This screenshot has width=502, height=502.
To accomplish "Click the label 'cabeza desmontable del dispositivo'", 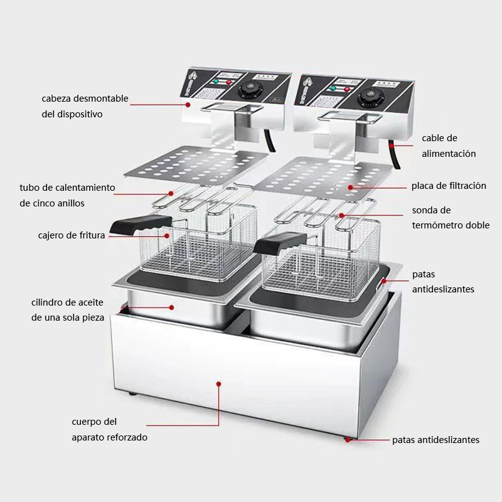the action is pos(85,106).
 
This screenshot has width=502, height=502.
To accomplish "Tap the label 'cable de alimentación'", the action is pos(449,146).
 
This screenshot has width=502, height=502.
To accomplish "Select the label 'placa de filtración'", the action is pos(449,186).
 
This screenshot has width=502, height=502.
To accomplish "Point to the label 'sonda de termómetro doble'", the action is pos(451,218).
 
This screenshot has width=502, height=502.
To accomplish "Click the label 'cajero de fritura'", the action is pos(72,235).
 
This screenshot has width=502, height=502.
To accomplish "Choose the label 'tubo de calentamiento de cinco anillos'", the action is pos(67,195).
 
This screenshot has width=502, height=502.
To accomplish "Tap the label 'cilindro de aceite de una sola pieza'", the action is pos(68,310).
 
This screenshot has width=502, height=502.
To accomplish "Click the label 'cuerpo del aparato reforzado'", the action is pos(109,429).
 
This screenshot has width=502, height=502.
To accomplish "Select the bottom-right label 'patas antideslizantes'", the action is pos(435,440).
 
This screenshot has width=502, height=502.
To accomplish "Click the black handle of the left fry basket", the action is pos(141,223).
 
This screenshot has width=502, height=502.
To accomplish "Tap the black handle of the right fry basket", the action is pos(280,242).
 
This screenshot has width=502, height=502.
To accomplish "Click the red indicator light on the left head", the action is pos(228,82).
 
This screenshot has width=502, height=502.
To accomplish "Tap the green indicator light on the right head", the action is pos(333,88).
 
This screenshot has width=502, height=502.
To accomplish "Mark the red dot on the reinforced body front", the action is pos(218,383).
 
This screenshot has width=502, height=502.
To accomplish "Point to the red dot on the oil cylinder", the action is pos(171,307).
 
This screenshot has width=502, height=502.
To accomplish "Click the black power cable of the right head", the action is pos(395,154).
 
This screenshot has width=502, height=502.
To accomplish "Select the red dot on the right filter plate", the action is pos(351,187).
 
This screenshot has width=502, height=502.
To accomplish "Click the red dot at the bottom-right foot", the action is pos(348,440).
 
